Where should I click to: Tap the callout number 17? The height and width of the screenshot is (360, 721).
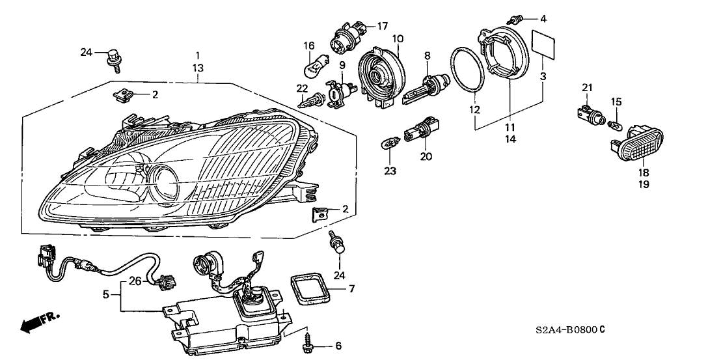coord(382,26)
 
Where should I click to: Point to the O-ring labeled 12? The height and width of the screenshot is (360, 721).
coord(469,70)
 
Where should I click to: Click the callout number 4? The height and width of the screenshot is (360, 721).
coord(543,18)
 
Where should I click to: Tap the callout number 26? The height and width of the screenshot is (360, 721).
coord(134,282)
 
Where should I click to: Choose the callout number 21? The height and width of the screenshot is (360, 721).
coord(587,88)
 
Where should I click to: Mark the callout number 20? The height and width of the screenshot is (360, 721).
coord(426,156)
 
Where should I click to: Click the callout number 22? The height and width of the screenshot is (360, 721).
coord(301,89)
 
